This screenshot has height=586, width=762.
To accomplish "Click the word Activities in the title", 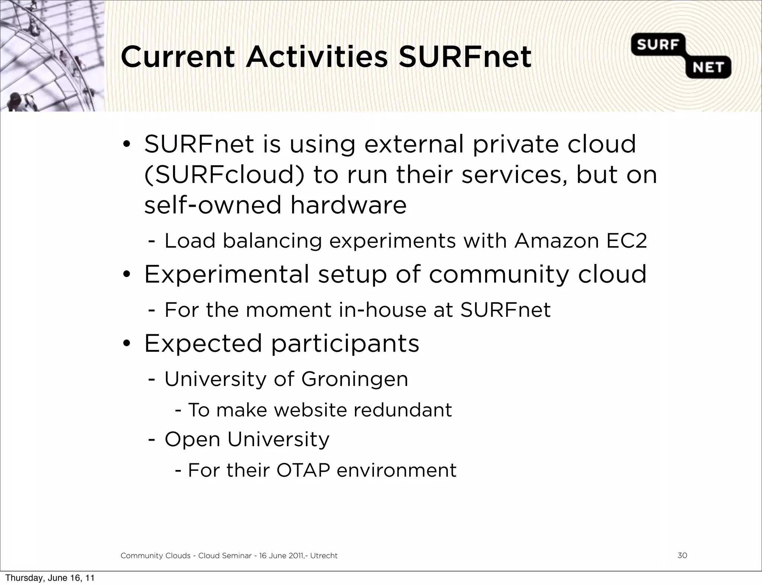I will pos(317,57).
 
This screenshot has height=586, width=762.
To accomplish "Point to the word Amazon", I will pos(556,241).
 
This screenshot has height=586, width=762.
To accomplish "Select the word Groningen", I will pos(355,379).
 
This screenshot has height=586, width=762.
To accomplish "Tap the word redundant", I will pos(402,410).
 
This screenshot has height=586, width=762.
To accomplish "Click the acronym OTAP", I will pos(303,470).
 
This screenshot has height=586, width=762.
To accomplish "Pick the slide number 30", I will pos(682,556).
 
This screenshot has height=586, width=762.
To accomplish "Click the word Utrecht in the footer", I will pos(324,556).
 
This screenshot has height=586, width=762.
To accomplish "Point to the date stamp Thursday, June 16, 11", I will pos(50,578).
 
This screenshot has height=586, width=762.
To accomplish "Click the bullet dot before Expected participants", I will pos(127,344).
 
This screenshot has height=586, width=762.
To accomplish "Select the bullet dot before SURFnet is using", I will pos(127,145).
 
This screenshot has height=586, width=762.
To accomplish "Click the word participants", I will pos(345,344).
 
